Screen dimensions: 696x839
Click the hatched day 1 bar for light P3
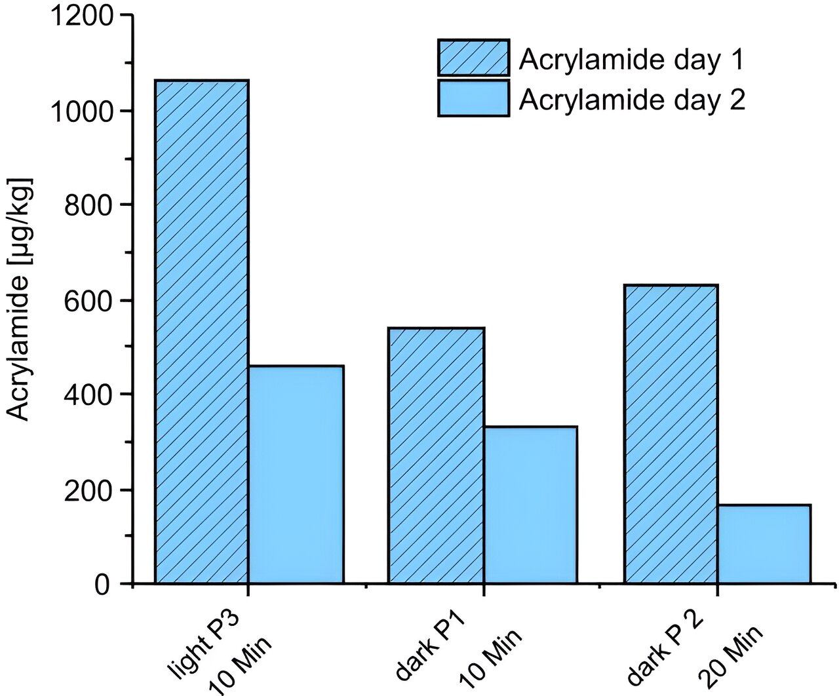coord(202,332)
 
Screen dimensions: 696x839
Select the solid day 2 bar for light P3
coord(296,474)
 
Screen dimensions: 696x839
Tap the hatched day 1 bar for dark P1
coord(436,455)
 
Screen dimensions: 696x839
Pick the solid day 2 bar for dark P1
coord(530,505)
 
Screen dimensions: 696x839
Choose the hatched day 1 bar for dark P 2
coord(671,434)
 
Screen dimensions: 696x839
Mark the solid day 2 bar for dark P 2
coord(764,543)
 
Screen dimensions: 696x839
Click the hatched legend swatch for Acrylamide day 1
coord(473,57)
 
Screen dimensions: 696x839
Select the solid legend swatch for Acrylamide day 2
coord(473,98)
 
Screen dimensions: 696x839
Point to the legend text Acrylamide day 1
coord(632,60)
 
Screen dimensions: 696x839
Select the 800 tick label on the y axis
coord(88,205)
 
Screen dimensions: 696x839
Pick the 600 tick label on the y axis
coord(88,301)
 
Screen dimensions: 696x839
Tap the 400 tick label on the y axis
coord(88,395)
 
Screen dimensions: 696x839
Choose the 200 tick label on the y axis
coord(88,490)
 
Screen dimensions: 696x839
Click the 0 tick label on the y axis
coord(101,585)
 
